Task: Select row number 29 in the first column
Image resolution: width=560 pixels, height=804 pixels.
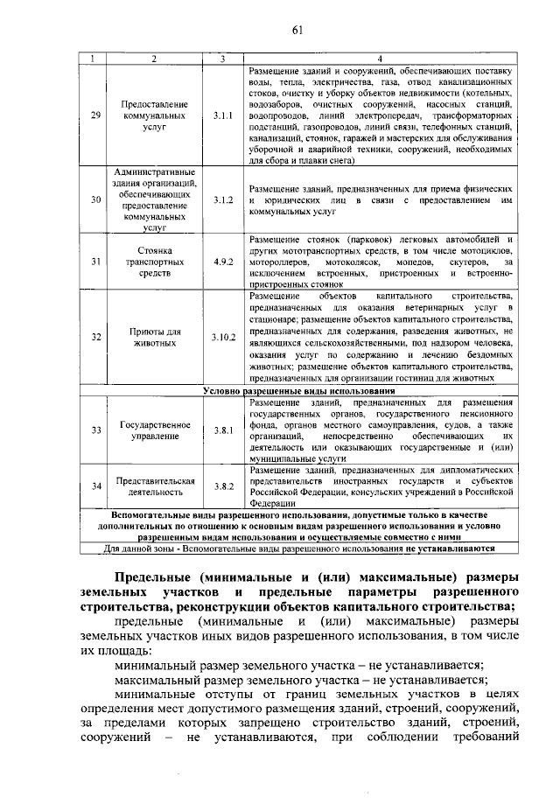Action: pos(96,115)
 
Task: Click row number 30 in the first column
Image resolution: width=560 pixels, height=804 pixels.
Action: pos(96,200)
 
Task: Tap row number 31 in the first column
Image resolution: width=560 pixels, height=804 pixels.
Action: pos(96,262)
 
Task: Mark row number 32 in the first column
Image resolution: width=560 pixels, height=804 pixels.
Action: pos(96,337)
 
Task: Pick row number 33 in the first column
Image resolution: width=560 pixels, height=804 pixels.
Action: pos(96,430)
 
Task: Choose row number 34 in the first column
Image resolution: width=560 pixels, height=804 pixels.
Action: pos(96,486)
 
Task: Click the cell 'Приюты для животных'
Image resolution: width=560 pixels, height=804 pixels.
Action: pos(155,337)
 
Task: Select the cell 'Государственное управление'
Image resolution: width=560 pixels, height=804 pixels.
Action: pos(155,430)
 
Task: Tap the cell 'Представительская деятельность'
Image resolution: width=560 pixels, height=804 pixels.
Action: pos(155,486)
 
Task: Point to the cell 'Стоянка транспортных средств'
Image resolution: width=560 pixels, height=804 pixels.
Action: pos(155,262)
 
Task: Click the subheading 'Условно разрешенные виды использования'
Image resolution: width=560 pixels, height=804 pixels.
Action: pos(297,389)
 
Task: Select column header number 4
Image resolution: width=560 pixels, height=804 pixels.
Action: pos(379,59)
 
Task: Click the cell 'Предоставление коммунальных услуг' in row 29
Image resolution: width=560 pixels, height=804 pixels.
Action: pos(155,115)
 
